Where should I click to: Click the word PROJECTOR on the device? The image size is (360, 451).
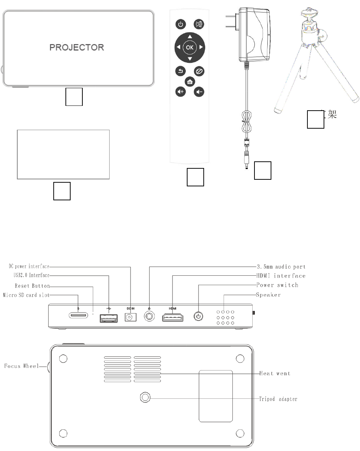[77, 47]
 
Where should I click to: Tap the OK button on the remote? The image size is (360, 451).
[189, 47]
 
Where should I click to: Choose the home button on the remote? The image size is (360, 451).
[190, 82]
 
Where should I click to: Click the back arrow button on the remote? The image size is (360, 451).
[180, 71]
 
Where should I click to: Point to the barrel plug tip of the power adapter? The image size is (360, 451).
[246, 166]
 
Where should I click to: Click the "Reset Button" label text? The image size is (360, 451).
[32, 286]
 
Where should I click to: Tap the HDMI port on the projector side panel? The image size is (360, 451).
[173, 317]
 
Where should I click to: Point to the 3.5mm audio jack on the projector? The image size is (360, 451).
[150, 316]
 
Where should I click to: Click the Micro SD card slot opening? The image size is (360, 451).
[78, 315]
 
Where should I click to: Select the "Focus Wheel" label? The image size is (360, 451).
[21, 366]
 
